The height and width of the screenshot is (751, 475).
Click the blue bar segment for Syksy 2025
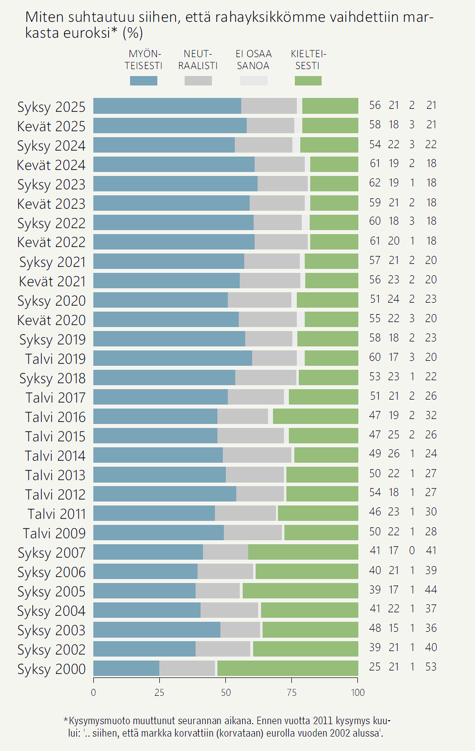tap(167, 106)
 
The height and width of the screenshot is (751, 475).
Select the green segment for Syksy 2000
tap(287, 668)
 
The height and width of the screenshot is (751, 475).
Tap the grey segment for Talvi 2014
tap(257, 455)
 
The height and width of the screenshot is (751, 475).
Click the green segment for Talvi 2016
tap(315, 417)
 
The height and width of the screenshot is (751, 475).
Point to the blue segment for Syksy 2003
tap(156, 630)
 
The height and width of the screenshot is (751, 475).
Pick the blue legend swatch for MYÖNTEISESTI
tap(143, 81)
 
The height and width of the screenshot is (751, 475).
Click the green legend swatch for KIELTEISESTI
tap(308, 81)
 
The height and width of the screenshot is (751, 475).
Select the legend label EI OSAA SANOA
tap(253, 60)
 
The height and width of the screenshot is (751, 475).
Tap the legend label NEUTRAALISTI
tap(198, 60)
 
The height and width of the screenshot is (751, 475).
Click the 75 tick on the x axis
tap(292, 693)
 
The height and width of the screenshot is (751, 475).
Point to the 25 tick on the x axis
tap(159, 693)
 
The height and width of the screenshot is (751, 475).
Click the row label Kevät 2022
tap(51, 242)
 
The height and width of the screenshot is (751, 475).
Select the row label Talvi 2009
tap(54, 533)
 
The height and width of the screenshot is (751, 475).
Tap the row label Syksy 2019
tap(52, 339)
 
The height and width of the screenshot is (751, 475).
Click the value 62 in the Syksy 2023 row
tap(375, 183)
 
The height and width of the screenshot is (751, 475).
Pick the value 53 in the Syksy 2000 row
tap(431, 667)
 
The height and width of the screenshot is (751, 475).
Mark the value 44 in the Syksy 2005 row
tap(431, 589)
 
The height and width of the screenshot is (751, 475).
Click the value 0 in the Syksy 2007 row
tap(412, 551)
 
